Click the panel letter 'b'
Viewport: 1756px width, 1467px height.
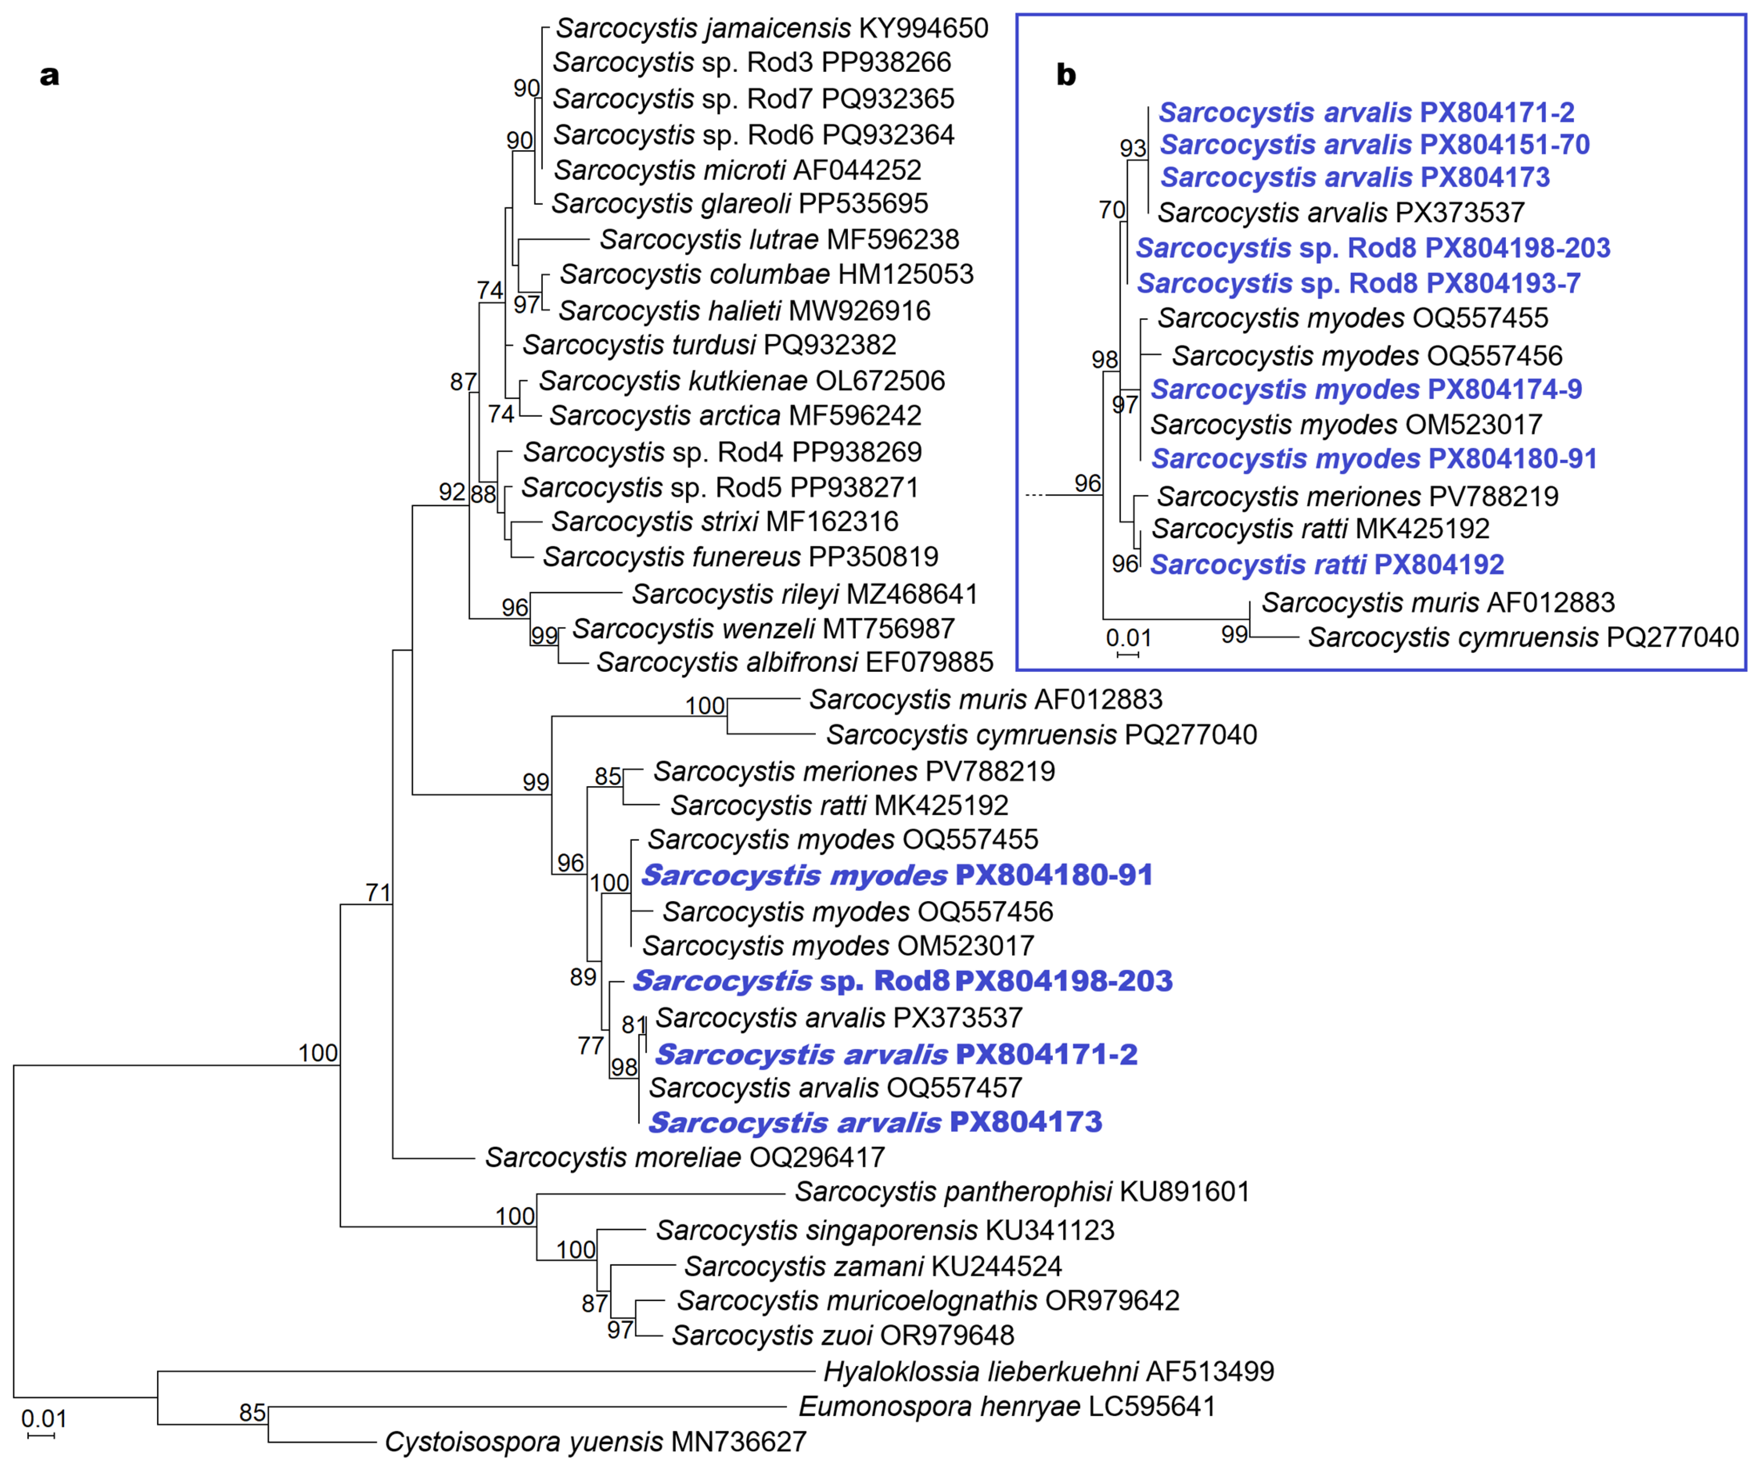(x=1065, y=75)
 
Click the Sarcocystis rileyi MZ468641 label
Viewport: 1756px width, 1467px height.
(x=804, y=594)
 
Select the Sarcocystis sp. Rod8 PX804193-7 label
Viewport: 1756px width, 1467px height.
(x=1358, y=283)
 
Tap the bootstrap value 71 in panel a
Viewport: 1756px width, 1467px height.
(x=378, y=893)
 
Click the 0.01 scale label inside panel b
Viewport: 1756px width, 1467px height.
(x=1128, y=637)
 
